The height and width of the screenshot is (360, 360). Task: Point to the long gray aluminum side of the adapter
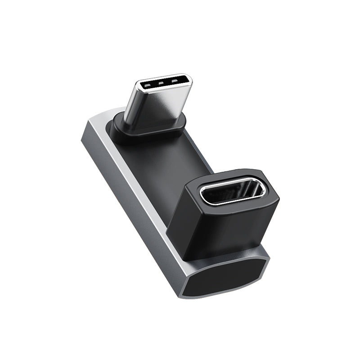(x=135, y=189)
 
